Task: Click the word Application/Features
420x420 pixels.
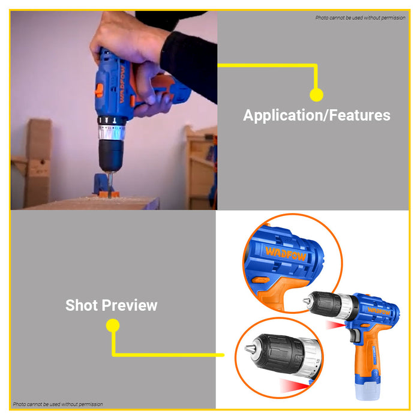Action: click(316, 115)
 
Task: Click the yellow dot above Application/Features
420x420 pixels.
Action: click(316, 94)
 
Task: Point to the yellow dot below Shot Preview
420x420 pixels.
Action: click(112, 325)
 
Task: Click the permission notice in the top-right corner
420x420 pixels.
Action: click(360, 17)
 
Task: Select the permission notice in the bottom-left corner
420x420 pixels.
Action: click(58, 404)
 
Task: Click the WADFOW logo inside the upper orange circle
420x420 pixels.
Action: click(286, 256)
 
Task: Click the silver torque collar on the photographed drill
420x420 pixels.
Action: click(110, 132)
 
